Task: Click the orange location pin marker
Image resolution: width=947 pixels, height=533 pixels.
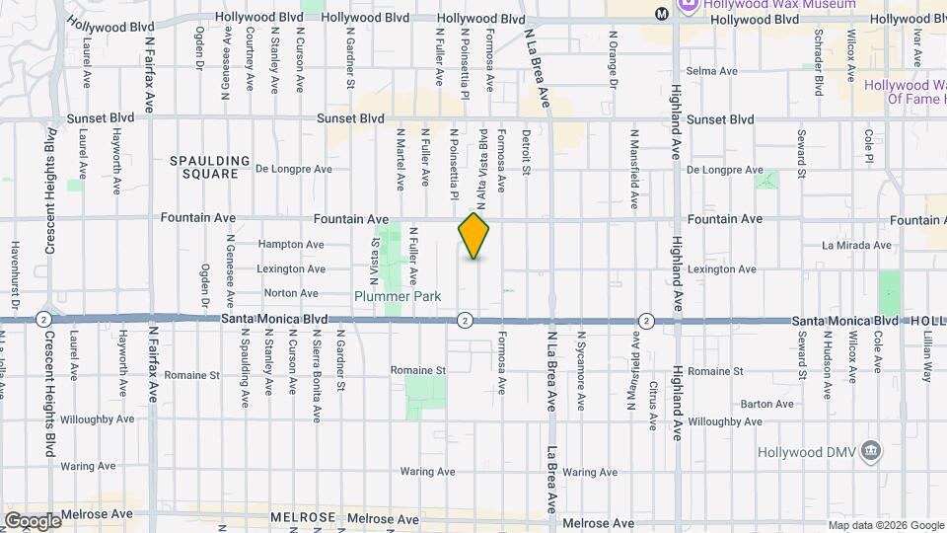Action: pyautogui.click(x=474, y=236)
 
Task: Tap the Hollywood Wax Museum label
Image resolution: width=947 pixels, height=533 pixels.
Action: pyautogui.click(x=765, y=5)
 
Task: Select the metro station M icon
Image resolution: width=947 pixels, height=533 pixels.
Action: pyautogui.click(x=661, y=13)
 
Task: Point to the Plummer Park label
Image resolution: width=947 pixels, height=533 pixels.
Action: pyautogui.click(x=398, y=295)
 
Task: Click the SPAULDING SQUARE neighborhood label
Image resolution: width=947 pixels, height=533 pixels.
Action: pyautogui.click(x=204, y=167)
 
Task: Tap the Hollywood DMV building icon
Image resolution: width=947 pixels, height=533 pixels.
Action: pyautogui.click(x=871, y=452)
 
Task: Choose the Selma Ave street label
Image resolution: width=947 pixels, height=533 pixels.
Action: pyautogui.click(x=712, y=71)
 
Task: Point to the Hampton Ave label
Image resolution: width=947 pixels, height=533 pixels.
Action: pyautogui.click(x=290, y=244)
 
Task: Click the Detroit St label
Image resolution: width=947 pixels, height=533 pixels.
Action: pyautogui.click(x=527, y=152)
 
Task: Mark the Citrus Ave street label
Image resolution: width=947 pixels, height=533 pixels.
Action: pyautogui.click(x=653, y=405)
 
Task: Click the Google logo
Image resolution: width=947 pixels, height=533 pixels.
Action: pyautogui.click(x=32, y=520)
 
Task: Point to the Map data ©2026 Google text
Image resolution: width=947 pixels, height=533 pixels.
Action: pyautogui.click(x=884, y=525)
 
